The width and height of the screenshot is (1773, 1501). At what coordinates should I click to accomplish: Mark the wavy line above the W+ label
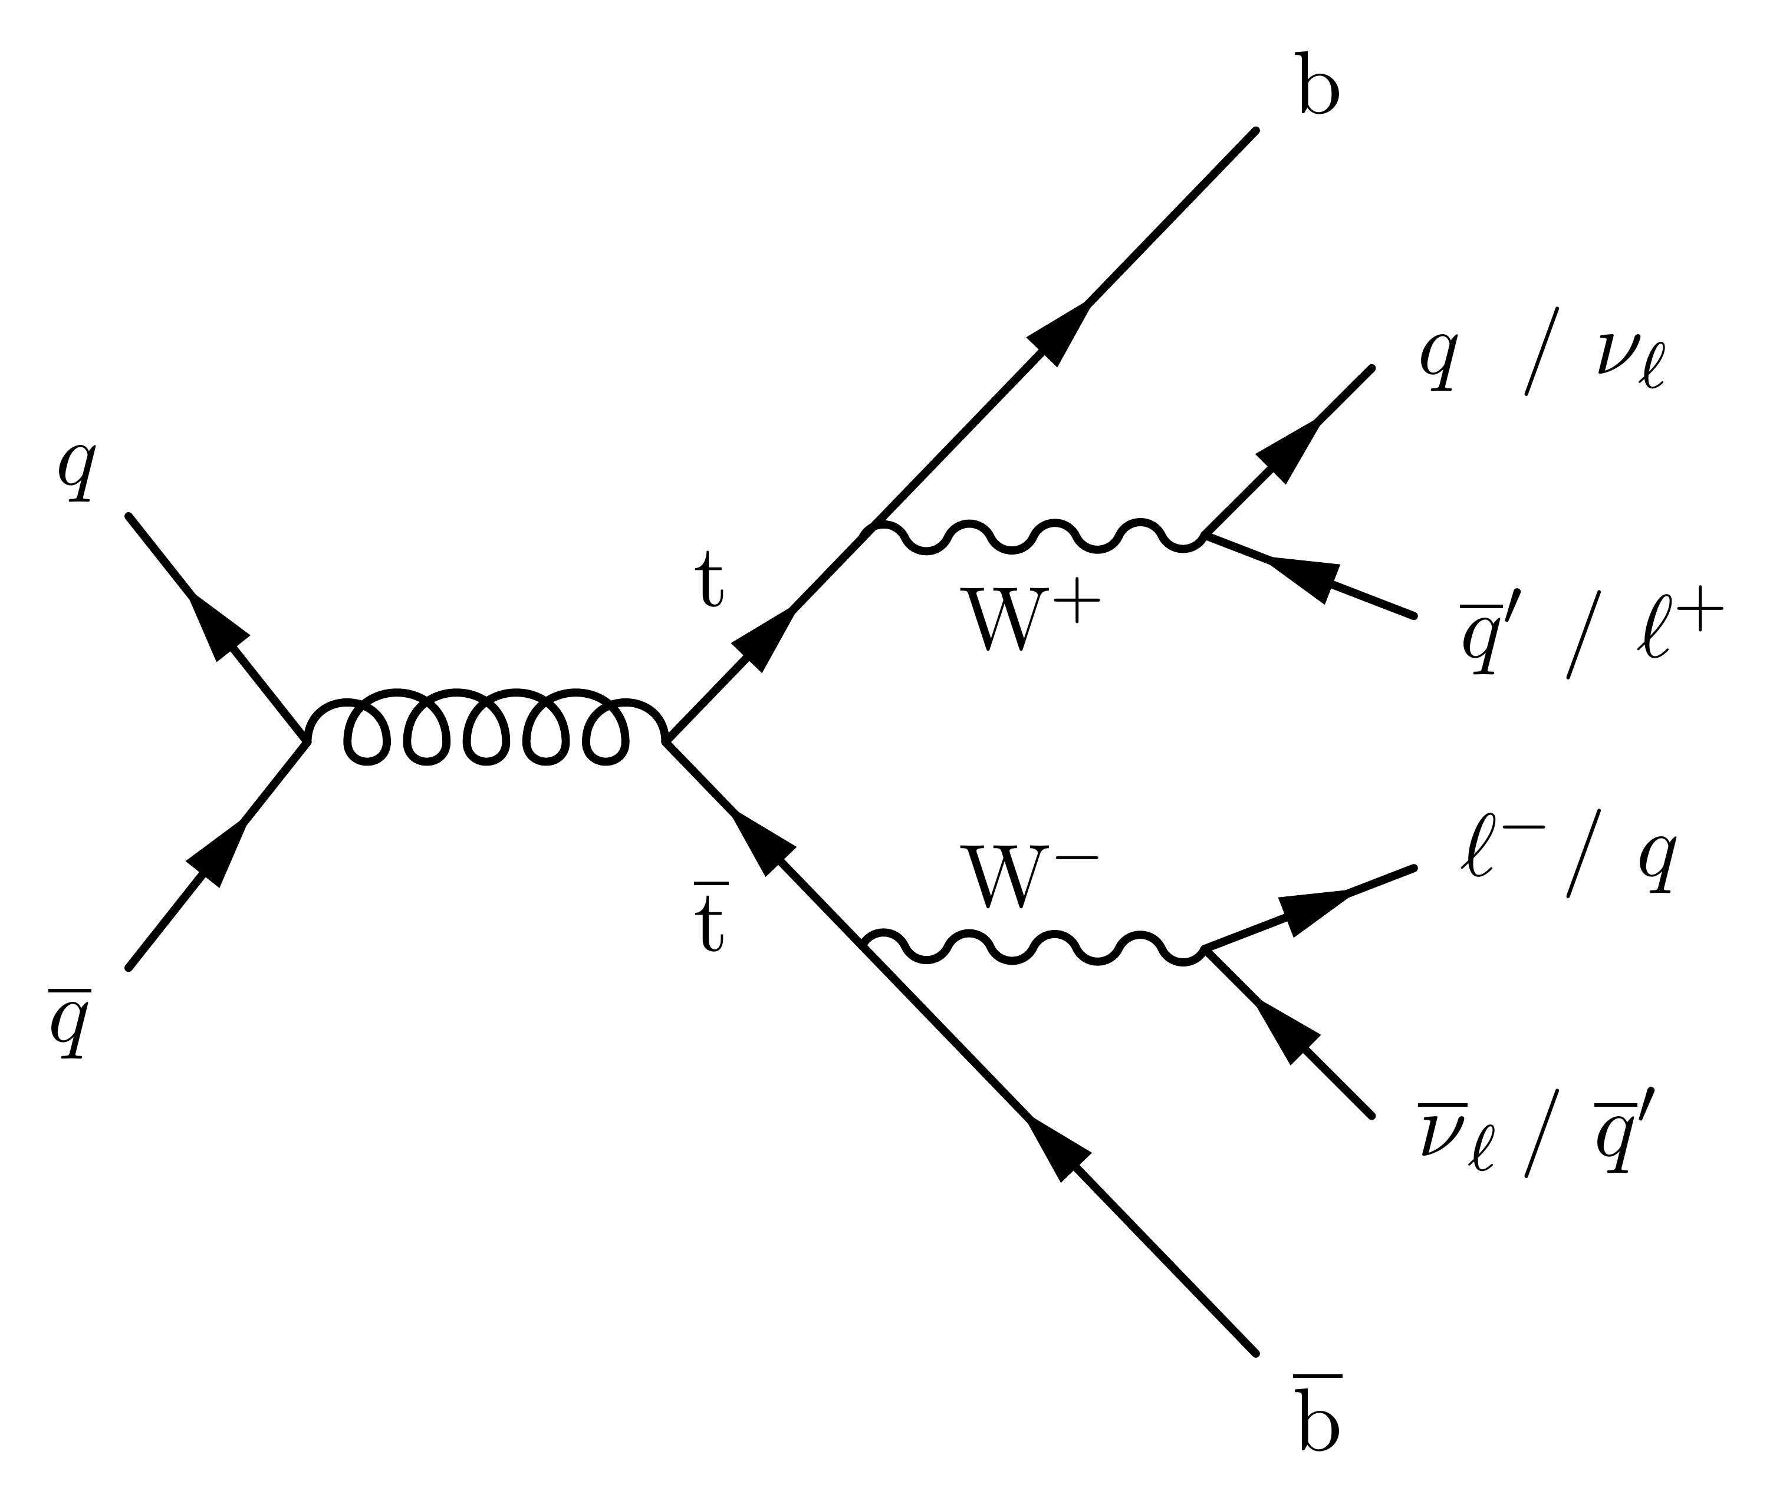[x=1034, y=538]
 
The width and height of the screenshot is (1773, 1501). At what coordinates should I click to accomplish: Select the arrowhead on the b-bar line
[x=1058, y=1149]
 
